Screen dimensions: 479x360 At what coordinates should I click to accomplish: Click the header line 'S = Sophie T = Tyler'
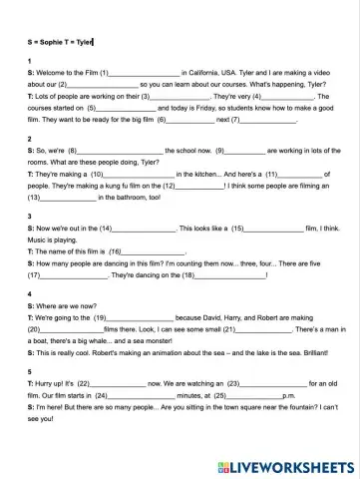59,42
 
